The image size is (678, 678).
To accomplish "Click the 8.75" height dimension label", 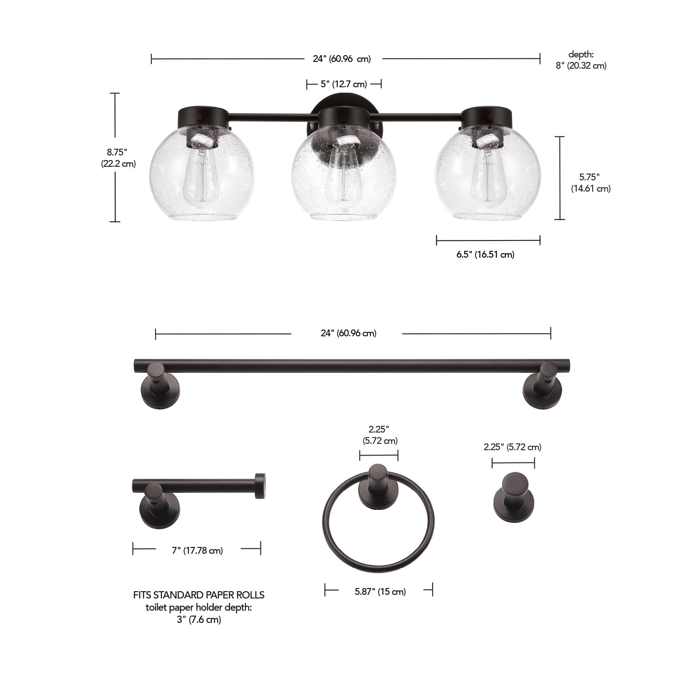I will (118, 157).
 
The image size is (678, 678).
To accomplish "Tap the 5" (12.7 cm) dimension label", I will (344, 84).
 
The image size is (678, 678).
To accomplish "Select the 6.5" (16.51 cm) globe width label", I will (485, 254).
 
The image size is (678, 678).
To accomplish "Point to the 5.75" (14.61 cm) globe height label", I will (590, 183).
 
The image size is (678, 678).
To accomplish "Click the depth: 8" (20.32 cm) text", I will (581, 60).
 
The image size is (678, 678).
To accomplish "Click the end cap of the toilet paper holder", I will (260, 486).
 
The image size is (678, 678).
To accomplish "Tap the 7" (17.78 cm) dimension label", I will (198, 551).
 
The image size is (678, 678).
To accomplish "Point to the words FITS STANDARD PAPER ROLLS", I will (199, 595).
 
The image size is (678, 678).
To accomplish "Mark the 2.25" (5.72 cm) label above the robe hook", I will (512, 447).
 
